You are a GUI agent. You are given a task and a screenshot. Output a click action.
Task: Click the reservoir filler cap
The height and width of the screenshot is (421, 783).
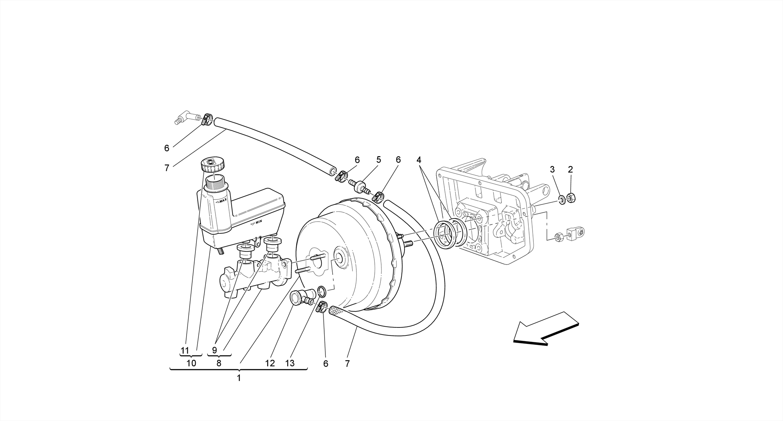click(213, 165)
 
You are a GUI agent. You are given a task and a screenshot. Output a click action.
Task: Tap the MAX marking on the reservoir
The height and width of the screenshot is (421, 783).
click(222, 201)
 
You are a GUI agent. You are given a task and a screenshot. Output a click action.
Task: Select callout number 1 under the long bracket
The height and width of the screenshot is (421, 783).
click(239, 378)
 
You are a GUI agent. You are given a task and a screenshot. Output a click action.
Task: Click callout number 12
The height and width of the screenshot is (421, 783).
click(270, 363)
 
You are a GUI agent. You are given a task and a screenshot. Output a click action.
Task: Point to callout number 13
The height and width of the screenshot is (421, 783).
click(290, 363)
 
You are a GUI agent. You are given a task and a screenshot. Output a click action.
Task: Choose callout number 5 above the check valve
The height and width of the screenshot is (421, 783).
click(379, 160)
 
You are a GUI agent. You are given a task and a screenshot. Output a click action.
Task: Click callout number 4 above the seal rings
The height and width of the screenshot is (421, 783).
click(419, 160)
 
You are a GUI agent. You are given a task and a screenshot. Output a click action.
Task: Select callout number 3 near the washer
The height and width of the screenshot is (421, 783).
click(552, 170)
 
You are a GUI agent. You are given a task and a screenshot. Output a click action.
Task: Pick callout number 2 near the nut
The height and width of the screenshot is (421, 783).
click(570, 170)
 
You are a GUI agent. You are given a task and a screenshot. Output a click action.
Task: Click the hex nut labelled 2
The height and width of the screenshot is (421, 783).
click(572, 198)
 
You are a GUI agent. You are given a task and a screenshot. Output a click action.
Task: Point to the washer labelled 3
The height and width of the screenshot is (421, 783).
click(562, 199)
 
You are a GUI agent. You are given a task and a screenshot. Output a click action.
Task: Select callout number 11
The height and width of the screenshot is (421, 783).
click(185, 350)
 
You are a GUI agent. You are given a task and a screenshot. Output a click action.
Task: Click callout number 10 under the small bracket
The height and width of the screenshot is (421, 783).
click(191, 363)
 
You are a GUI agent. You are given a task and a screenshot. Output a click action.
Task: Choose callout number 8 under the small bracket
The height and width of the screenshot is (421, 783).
click(219, 363)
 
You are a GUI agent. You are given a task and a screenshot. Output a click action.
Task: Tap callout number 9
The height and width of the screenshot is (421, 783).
click(214, 350)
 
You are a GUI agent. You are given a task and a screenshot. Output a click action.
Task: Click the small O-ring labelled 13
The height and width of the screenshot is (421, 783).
click(322, 291)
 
